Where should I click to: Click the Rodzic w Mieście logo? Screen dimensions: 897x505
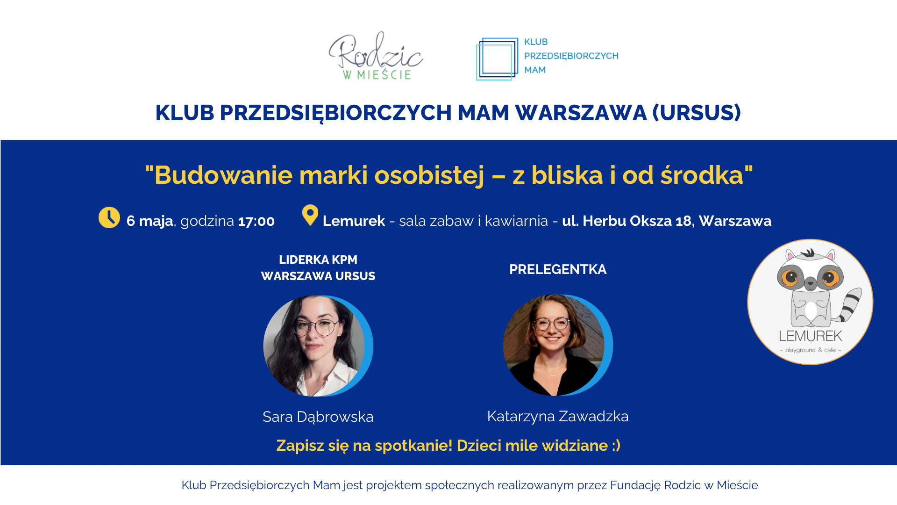[376, 56]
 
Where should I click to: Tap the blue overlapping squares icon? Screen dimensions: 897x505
[497, 59]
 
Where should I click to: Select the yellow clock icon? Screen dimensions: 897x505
[109, 217]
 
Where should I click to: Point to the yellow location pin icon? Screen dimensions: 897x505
[310, 215]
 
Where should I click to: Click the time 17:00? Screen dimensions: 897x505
[256, 221]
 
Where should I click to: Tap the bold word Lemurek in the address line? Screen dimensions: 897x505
[354, 221]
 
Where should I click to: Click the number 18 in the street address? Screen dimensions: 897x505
[683, 221]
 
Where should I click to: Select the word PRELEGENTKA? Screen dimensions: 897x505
[558, 269]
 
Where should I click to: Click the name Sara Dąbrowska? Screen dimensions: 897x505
[318, 417]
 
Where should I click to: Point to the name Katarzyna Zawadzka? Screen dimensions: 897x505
[558, 416]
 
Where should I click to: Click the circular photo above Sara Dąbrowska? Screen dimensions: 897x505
[318, 346]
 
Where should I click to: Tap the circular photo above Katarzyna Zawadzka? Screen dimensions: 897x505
[558, 346]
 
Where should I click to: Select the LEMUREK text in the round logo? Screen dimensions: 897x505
[811, 336]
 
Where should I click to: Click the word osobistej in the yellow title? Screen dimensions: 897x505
[429, 175]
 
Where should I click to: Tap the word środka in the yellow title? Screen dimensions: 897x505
[702, 175]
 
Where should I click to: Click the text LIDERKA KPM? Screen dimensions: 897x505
[318, 260]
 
